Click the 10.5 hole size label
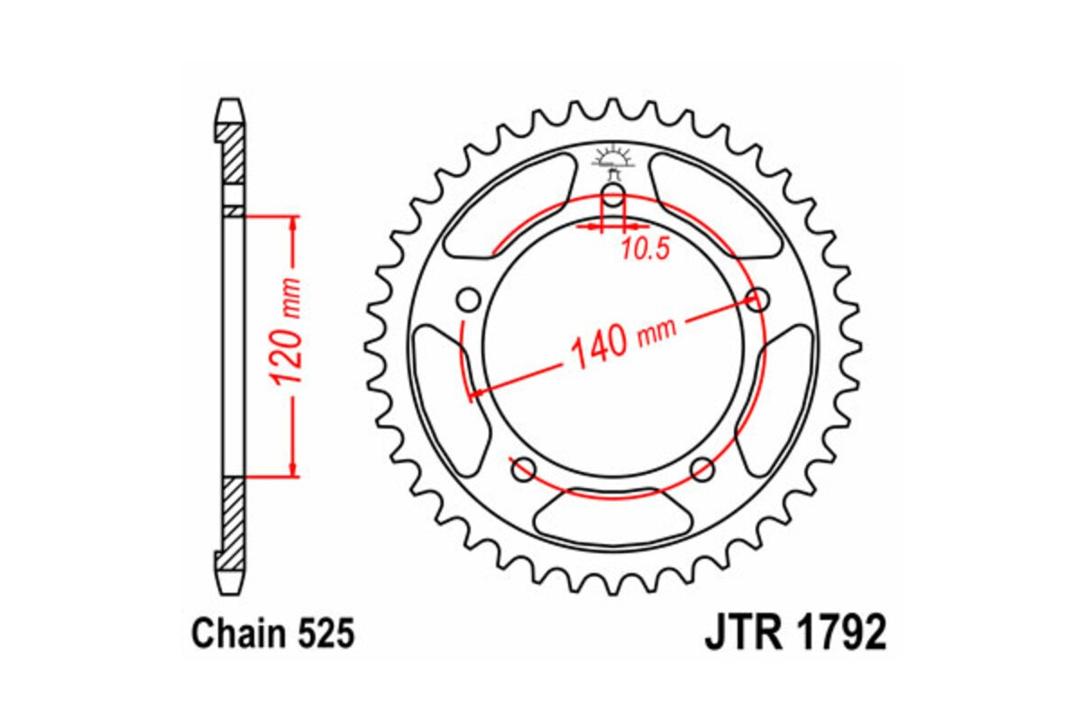pyautogui.click(x=645, y=250)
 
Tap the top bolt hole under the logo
pyautogui.click(x=612, y=196)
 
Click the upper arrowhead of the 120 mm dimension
pyautogui.click(x=291, y=225)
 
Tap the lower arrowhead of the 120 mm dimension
pyautogui.click(x=291, y=467)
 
